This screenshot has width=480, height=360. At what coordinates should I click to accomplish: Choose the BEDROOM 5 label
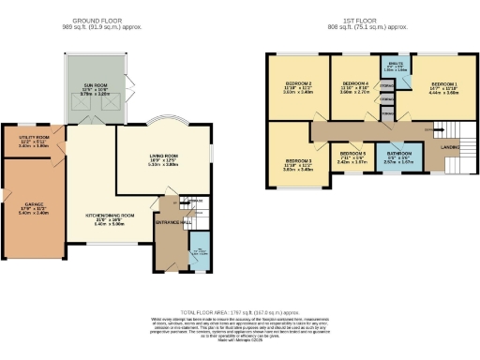352,153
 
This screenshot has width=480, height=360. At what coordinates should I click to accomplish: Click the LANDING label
448,145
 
